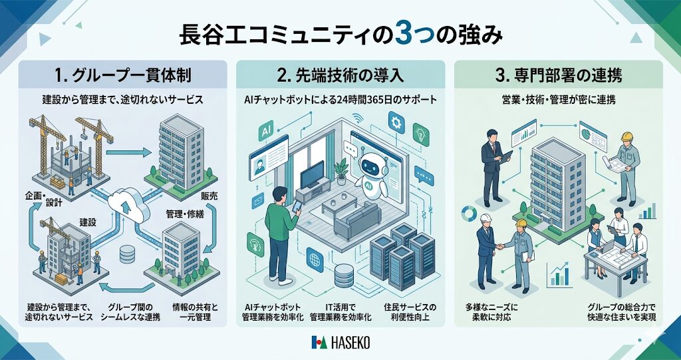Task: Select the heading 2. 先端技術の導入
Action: [340, 75]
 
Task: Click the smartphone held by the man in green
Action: [297, 207]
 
